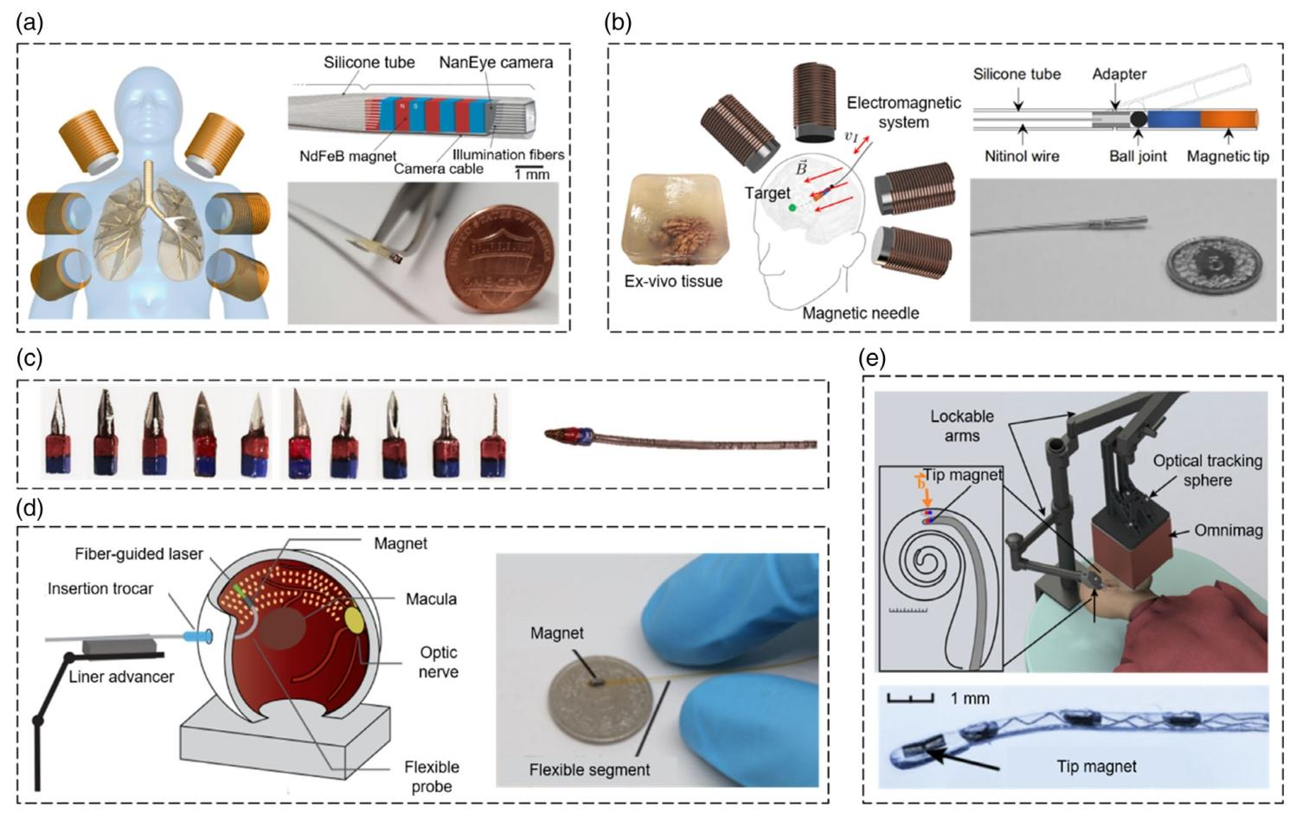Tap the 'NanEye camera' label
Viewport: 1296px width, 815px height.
(496, 62)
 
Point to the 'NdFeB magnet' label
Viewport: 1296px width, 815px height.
(348, 156)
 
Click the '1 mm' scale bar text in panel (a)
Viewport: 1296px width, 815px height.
(532, 174)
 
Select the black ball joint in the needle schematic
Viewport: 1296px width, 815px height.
(1138, 119)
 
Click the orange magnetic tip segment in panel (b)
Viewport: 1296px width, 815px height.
(1229, 119)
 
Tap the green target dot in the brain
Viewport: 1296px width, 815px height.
(792, 207)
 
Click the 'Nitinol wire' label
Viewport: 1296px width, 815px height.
(1022, 157)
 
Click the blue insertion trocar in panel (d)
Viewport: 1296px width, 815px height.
(196, 637)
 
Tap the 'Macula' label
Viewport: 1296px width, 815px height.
(431, 599)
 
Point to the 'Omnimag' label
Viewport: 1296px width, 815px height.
(1229, 530)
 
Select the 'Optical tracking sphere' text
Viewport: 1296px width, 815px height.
(1208, 471)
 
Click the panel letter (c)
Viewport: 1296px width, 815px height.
(29, 359)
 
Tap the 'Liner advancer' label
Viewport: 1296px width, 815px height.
(121, 677)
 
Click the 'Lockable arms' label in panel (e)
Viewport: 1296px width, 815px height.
(962, 426)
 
